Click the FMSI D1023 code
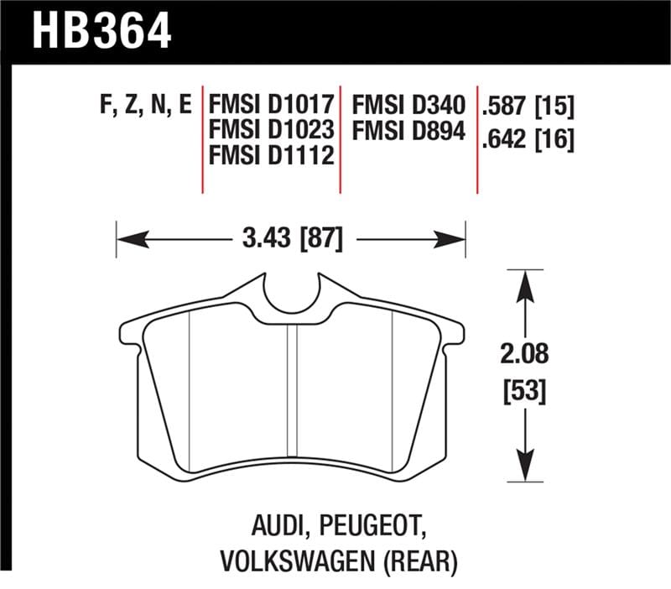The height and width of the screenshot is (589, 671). [x=273, y=131]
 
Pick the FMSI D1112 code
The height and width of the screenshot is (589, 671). [x=273, y=156]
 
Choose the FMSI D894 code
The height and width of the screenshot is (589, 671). [x=408, y=131]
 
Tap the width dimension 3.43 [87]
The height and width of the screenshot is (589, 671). [x=291, y=240]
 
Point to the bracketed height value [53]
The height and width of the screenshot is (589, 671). [x=525, y=391]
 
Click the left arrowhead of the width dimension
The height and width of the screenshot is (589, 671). [x=127, y=240]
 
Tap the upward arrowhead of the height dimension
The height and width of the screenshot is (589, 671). [x=525, y=280]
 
